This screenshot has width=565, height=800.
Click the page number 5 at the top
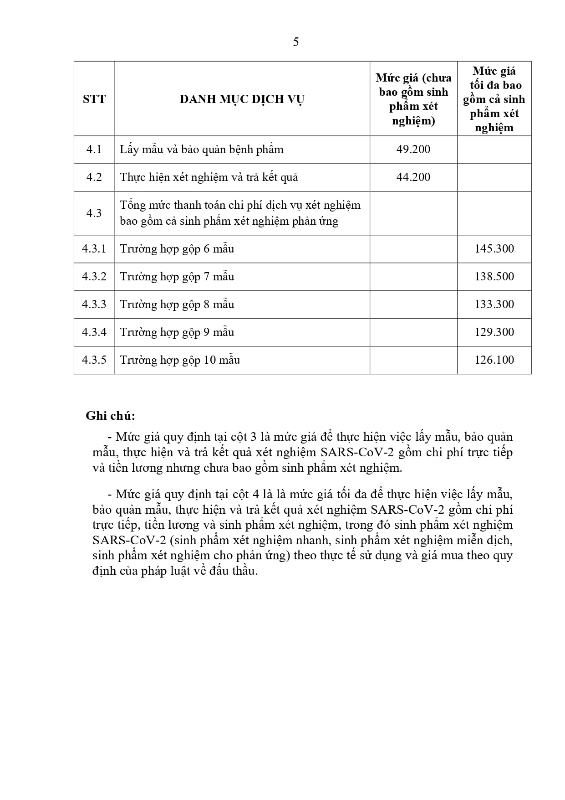(296, 42)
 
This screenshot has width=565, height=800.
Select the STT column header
(94, 99)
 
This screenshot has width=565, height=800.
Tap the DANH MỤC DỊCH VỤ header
(242, 99)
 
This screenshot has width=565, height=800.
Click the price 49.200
(413, 150)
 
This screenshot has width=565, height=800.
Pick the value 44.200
(413, 177)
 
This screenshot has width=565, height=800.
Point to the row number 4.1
(94, 150)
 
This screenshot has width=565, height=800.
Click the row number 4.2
(94, 177)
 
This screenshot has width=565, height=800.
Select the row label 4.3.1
(94, 249)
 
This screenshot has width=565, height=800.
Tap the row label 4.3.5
(94, 360)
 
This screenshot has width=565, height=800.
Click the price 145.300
(494, 249)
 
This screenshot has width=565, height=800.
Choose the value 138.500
(494, 277)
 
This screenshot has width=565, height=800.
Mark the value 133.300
(494, 305)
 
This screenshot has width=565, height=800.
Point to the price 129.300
(494, 332)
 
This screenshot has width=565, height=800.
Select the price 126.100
(494, 360)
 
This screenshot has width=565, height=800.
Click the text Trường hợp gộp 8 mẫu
(177, 305)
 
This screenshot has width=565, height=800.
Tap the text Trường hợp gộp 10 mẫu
(180, 360)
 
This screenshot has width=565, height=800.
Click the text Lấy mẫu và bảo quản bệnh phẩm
(202, 150)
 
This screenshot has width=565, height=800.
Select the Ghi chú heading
(111, 416)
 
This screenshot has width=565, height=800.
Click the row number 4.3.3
(94, 305)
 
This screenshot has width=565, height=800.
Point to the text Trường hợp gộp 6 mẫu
(177, 249)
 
